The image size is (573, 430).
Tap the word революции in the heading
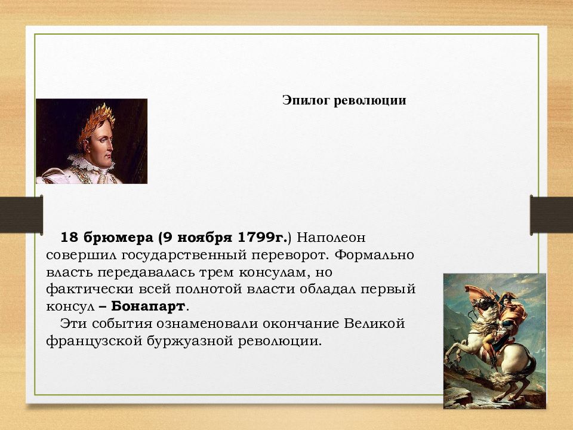(x=370, y=100)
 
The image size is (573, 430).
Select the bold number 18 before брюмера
(x=69, y=237)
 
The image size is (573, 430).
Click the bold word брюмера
(x=118, y=238)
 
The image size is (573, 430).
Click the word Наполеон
(x=331, y=238)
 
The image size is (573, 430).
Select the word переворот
(x=288, y=255)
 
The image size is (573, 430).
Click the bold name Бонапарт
(x=148, y=306)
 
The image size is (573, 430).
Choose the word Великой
(x=375, y=324)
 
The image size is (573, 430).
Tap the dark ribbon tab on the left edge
(x=21, y=214)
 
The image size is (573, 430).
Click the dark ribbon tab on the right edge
(x=552, y=215)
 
